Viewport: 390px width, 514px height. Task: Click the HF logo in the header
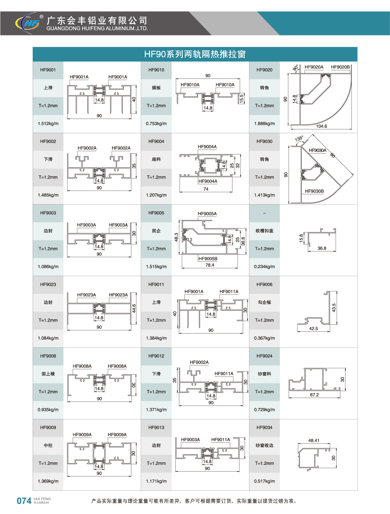click(x=28, y=23)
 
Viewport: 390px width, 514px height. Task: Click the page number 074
click(x=24, y=501)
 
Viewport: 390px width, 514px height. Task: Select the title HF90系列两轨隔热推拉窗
click(x=195, y=54)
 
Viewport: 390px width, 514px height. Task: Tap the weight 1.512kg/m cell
click(x=48, y=124)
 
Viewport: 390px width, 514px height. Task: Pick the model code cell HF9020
click(x=264, y=70)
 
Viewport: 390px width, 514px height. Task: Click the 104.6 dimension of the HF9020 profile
click(x=321, y=126)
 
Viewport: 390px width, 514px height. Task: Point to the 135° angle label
click(x=299, y=139)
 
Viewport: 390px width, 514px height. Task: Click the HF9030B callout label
click(x=314, y=191)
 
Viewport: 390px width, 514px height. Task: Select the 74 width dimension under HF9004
click(x=206, y=189)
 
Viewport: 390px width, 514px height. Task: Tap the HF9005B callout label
click(x=208, y=259)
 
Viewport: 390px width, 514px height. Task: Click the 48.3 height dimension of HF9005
click(x=176, y=237)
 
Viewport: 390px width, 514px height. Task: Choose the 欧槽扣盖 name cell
click(x=264, y=231)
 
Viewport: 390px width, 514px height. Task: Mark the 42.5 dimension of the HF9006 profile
click(x=313, y=329)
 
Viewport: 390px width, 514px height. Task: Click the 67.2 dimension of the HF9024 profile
click(x=314, y=395)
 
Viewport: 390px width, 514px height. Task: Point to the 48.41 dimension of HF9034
click(x=314, y=440)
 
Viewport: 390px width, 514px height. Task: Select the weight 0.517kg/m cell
click(x=264, y=481)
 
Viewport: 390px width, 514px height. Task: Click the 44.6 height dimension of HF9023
click(x=134, y=308)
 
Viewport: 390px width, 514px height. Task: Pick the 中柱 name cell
click(x=48, y=445)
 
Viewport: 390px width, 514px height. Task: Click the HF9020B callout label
click(x=340, y=67)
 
